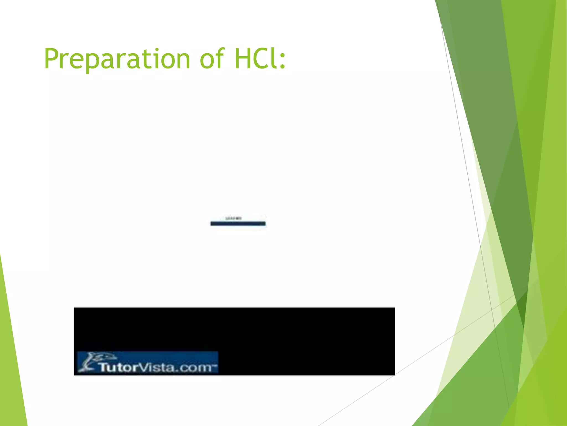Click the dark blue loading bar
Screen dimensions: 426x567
coord(238,224)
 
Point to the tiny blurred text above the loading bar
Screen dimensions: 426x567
coord(234,218)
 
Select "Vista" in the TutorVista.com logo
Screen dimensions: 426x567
coord(155,367)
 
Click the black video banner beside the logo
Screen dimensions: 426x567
coord(305,341)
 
